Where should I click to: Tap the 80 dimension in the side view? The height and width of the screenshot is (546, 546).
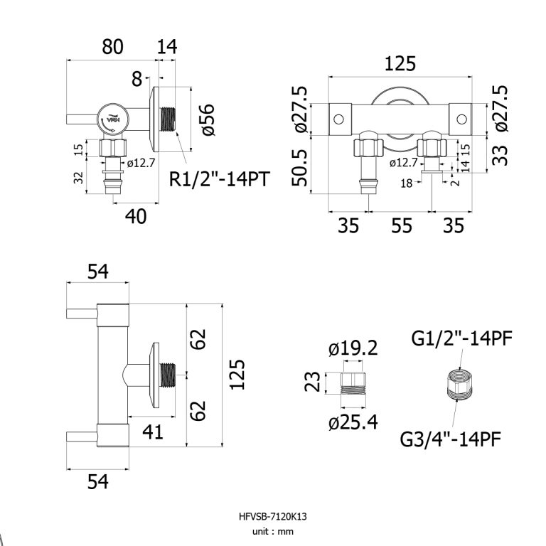(x=112, y=47)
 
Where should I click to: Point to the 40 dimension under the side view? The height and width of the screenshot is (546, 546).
(x=135, y=216)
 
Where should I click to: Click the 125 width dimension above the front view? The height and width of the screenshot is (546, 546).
(x=400, y=64)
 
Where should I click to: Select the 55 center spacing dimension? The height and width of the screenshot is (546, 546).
(x=402, y=226)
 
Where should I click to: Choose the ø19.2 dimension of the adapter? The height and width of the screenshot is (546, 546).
(x=353, y=349)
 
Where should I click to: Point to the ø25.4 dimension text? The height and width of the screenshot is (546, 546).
(x=353, y=423)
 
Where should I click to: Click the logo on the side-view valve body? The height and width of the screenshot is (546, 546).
(x=112, y=121)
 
